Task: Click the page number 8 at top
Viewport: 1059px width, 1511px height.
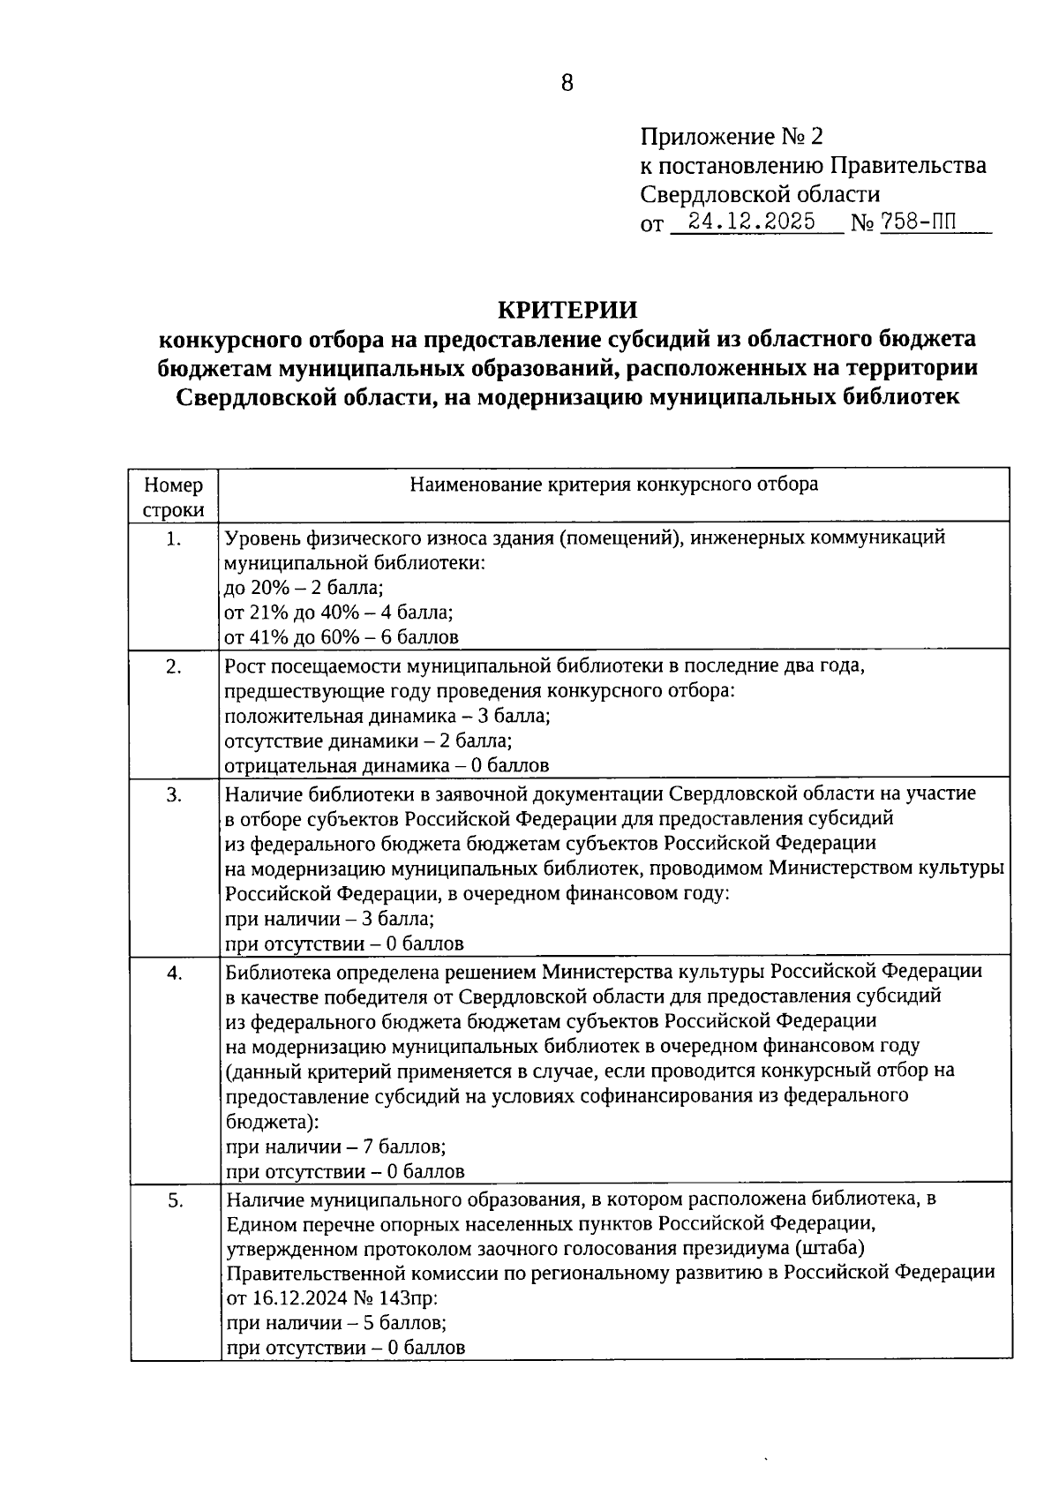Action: pyautogui.click(x=567, y=83)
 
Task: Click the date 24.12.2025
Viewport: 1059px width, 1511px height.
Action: pyautogui.click(x=752, y=222)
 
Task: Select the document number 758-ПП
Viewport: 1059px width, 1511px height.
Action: pyautogui.click(x=918, y=222)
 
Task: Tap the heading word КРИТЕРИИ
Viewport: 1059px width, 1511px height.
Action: pyautogui.click(x=567, y=310)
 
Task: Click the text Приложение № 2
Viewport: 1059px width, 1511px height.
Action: pyautogui.click(x=731, y=137)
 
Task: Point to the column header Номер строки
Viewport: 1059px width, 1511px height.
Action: pyautogui.click(x=174, y=497)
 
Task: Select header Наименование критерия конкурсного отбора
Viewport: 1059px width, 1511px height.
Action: pyautogui.click(x=613, y=484)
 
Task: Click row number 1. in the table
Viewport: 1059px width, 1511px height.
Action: pyautogui.click(x=174, y=539)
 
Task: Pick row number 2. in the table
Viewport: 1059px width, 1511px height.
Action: pyautogui.click(x=174, y=666)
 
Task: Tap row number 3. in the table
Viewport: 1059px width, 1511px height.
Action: pyautogui.click(x=174, y=794)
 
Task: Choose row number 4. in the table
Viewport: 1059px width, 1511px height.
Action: pyautogui.click(x=174, y=973)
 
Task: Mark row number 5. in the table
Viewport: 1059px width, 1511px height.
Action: pyautogui.click(x=174, y=1200)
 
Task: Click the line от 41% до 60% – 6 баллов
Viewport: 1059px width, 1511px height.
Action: pyautogui.click(x=341, y=636)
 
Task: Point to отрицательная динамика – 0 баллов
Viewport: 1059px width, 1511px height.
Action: pyautogui.click(x=387, y=765)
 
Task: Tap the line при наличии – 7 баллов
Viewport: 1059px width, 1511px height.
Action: pyautogui.click(x=335, y=1147)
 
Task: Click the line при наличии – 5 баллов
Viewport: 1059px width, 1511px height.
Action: pyautogui.click(x=335, y=1323)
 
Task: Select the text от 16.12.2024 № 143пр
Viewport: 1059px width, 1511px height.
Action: pyautogui.click(x=332, y=1298)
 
